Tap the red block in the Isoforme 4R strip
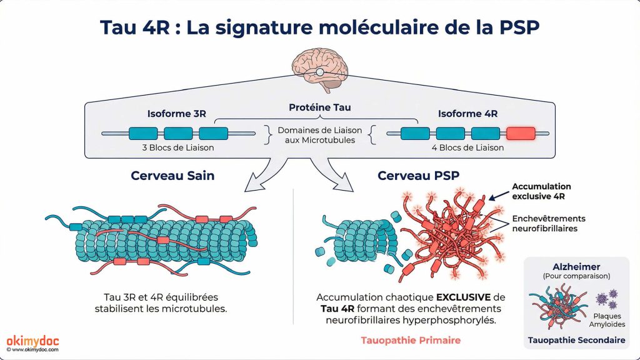coord(521,132)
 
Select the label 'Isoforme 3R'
coord(176,114)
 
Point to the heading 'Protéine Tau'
coord(319,107)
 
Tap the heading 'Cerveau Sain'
coord(172,176)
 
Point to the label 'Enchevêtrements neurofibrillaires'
coord(548,224)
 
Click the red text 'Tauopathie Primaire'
coord(411,341)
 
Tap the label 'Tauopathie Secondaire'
coord(576,341)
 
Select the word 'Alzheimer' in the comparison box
coord(576,266)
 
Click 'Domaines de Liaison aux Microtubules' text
coord(319,136)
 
